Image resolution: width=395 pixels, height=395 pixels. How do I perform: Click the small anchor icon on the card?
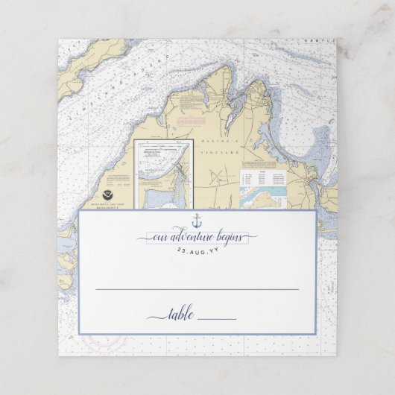(x=197, y=221)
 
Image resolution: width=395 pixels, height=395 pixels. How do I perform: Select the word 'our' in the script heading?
(x=161, y=238)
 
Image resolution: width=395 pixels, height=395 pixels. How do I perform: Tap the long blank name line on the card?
(x=197, y=288)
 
